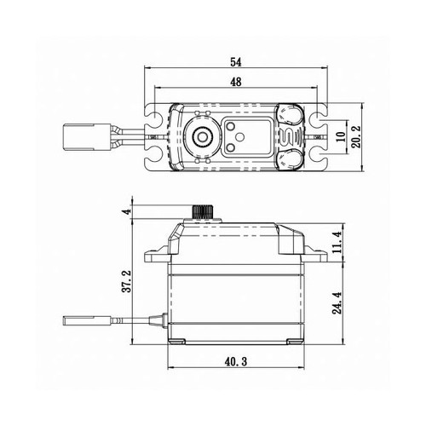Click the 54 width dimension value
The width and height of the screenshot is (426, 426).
(x=236, y=62)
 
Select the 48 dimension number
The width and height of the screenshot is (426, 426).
(x=236, y=82)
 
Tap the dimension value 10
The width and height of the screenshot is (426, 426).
(x=343, y=135)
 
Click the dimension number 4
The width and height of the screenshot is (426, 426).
(x=125, y=210)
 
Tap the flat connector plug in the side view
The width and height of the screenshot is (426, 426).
(x=84, y=323)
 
